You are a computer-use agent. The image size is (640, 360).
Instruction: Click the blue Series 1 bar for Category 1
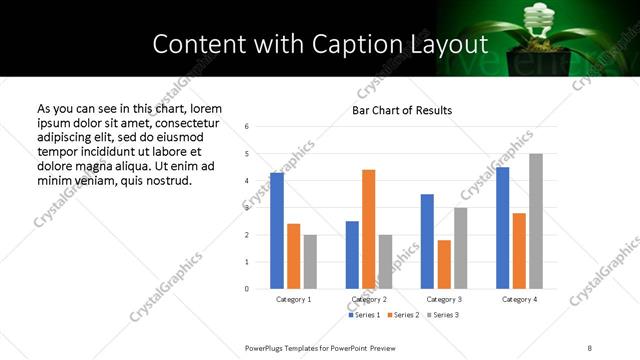(277, 231)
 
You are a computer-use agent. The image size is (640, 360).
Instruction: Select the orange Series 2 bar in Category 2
(368, 229)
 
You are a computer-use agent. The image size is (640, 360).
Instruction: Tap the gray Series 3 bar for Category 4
(536, 221)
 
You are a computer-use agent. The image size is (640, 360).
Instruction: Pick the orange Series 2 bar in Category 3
(444, 264)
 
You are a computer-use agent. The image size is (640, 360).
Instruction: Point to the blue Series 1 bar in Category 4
(502, 228)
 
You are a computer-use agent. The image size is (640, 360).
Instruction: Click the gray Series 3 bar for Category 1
(310, 262)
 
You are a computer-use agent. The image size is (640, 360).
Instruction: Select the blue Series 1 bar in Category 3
(427, 241)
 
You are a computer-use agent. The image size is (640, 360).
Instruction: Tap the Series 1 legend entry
(363, 315)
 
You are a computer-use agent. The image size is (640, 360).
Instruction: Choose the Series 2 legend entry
(403, 315)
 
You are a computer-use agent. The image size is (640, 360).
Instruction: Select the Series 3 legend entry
(443, 315)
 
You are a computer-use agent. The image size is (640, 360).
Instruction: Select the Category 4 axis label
(519, 299)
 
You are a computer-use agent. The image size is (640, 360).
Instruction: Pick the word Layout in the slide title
(453, 45)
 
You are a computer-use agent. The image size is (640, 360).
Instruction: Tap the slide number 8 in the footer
(589, 347)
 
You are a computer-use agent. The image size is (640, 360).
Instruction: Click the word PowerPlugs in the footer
(266, 347)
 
